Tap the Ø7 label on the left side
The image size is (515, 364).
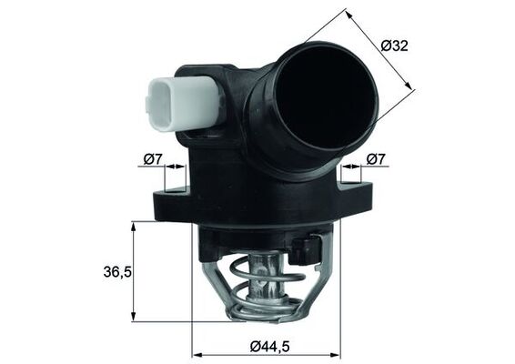point(153,160)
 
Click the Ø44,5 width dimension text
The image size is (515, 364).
point(265,346)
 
